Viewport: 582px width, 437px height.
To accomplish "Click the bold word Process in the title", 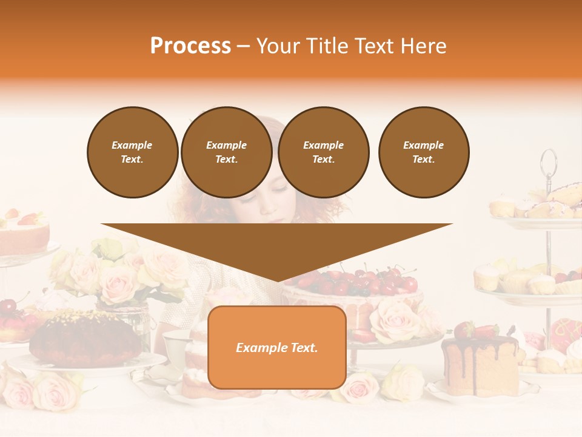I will click(x=190, y=46).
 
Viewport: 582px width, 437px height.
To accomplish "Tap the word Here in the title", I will click(x=424, y=46).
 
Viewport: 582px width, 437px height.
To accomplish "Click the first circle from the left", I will click(x=132, y=152).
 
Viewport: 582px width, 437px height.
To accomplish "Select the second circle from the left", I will click(x=226, y=152).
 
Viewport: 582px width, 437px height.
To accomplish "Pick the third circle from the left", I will click(x=323, y=152).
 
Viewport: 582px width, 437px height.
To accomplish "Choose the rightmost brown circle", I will click(x=423, y=152).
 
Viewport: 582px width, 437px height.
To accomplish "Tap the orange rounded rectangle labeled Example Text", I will click(x=277, y=347).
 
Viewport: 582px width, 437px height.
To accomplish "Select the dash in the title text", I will click(x=243, y=46).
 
